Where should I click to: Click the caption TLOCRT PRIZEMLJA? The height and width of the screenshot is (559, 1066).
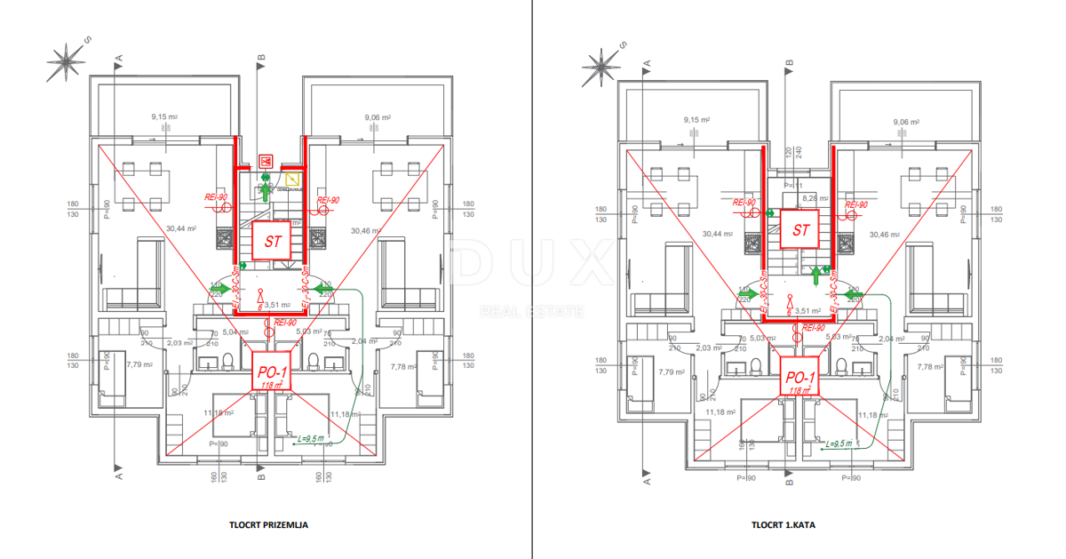click(x=268, y=525)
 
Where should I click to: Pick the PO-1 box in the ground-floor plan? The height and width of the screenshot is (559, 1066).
click(x=270, y=373)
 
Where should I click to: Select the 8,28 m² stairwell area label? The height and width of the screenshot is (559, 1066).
click(x=814, y=198)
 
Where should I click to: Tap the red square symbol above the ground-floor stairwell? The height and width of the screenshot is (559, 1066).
click(x=265, y=161)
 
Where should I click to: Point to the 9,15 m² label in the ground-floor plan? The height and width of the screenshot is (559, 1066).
click(x=164, y=116)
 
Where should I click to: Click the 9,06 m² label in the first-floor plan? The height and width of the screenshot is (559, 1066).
click(x=906, y=123)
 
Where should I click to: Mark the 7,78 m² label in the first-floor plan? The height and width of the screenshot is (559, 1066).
click(x=929, y=366)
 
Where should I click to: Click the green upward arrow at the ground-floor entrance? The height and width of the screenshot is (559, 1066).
click(x=265, y=190)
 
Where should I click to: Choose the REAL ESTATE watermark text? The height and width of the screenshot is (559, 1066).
click(x=531, y=311)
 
